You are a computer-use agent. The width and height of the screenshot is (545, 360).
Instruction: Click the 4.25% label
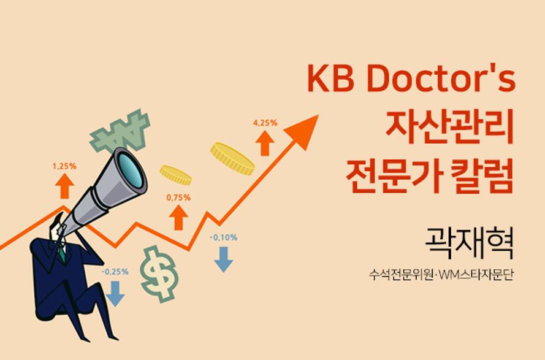point(265,123)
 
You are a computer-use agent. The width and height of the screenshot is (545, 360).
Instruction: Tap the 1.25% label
point(64,166)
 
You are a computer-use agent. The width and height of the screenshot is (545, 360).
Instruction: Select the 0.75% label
point(178,197)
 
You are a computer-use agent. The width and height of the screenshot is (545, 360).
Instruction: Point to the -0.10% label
point(224,237)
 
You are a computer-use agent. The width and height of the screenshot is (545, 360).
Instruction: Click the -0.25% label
point(115,272)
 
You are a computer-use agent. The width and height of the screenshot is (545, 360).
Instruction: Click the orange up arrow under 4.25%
point(265,143)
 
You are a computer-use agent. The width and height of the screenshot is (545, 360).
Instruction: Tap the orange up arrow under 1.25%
point(64,186)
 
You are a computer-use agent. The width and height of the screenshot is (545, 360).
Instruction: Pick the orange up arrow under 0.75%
point(178,217)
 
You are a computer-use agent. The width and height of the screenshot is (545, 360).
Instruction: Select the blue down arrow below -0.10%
point(224,259)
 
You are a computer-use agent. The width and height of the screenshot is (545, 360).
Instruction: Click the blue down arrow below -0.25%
point(115,294)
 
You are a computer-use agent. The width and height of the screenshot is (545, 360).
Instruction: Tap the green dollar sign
point(159,274)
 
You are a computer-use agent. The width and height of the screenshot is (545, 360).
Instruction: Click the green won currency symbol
point(120,131)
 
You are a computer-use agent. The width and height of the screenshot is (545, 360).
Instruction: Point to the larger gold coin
point(232,159)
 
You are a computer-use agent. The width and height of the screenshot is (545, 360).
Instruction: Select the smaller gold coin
point(175,175)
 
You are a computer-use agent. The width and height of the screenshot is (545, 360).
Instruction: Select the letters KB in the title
point(331,79)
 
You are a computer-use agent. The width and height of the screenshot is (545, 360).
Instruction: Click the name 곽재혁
point(469,242)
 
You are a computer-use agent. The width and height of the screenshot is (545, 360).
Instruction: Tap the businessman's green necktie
point(62,254)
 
